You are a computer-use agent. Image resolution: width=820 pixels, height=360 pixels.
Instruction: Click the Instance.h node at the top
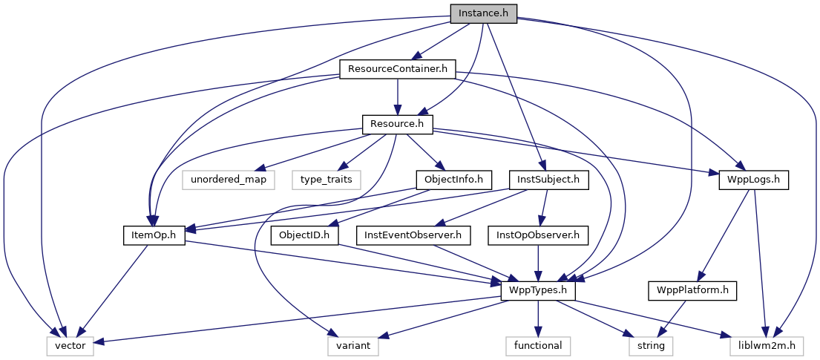pyautogui.click(x=483, y=13)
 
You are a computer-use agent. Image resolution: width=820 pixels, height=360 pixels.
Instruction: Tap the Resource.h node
pyautogui.click(x=397, y=123)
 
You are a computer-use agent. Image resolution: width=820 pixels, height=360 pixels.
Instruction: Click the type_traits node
pyautogui.click(x=325, y=180)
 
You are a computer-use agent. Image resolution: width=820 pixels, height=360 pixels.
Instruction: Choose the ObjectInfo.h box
pyautogui.click(x=453, y=180)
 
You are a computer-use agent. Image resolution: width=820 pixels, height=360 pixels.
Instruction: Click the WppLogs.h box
pyautogui.click(x=753, y=180)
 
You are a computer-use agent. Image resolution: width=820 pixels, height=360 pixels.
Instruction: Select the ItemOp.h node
pyautogui.click(x=153, y=235)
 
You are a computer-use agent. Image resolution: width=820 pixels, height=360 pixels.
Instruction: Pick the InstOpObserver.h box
pyautogui.click(x=538, y=235)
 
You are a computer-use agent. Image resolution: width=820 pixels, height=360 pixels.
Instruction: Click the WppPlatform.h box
pyautogui.click(x=692, y=290)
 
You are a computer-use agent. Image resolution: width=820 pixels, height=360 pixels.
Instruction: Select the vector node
pyautogui.click(x=70, y=345)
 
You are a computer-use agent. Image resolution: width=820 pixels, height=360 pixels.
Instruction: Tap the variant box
pyautogui.click(x=353, y=345)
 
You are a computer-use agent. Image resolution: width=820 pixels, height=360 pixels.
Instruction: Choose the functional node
pyautogui.click(x=538, y=345)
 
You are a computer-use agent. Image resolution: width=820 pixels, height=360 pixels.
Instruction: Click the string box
pyautogui.click(x=651, y=345)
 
